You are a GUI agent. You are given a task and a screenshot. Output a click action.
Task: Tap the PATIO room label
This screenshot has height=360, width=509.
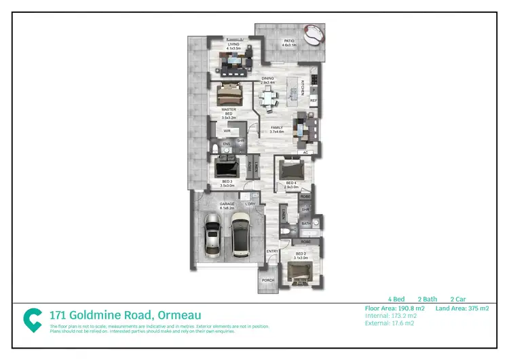[289, 41]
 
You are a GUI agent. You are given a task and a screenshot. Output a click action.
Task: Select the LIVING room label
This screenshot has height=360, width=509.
[233, 45]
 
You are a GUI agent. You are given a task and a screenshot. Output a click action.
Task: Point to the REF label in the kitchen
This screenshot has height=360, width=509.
[314, 101]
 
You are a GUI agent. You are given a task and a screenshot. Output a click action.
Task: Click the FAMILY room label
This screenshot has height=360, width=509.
[276, 127]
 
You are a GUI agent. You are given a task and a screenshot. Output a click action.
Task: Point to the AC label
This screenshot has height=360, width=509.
[305, 153]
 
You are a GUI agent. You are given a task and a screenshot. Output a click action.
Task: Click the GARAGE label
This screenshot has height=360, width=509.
[226, 203]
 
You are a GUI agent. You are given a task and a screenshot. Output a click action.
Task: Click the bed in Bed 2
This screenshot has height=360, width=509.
[299, 271]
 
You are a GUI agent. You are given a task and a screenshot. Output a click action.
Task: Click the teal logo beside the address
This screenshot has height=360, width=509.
[32, 320]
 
